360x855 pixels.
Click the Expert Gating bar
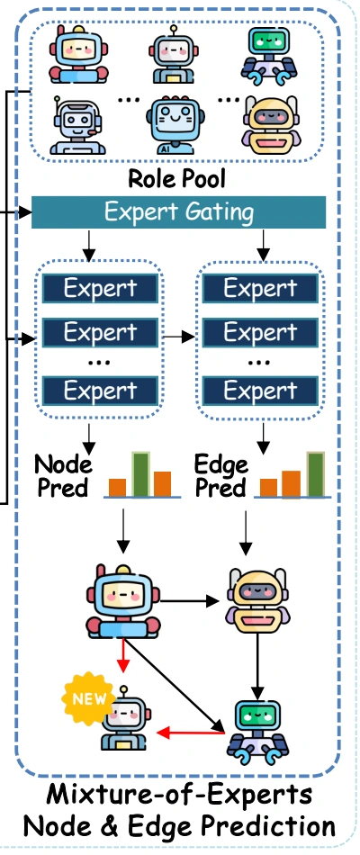coord(179,212)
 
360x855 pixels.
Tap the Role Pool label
coord(176,178)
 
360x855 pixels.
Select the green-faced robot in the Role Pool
coord(269,56)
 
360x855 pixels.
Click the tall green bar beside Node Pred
coord(140,473)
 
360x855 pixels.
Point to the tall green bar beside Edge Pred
coord(316,473)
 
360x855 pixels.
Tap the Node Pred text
coord(63,475)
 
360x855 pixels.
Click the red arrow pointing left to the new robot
coord(191,733)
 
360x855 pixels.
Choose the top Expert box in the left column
coord(101,289)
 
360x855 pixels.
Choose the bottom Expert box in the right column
coord(260,391)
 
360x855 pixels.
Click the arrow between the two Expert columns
coord(178,337)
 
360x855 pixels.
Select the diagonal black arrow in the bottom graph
coord(175,685)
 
